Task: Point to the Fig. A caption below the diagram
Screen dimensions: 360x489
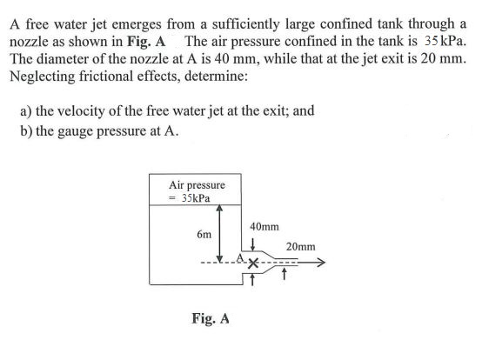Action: click(211, 319)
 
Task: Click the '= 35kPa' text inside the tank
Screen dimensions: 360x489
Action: click(198, 197)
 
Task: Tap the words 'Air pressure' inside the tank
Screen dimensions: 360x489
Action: click(198, 184)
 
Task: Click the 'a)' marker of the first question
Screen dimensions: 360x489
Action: click(26, 113)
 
